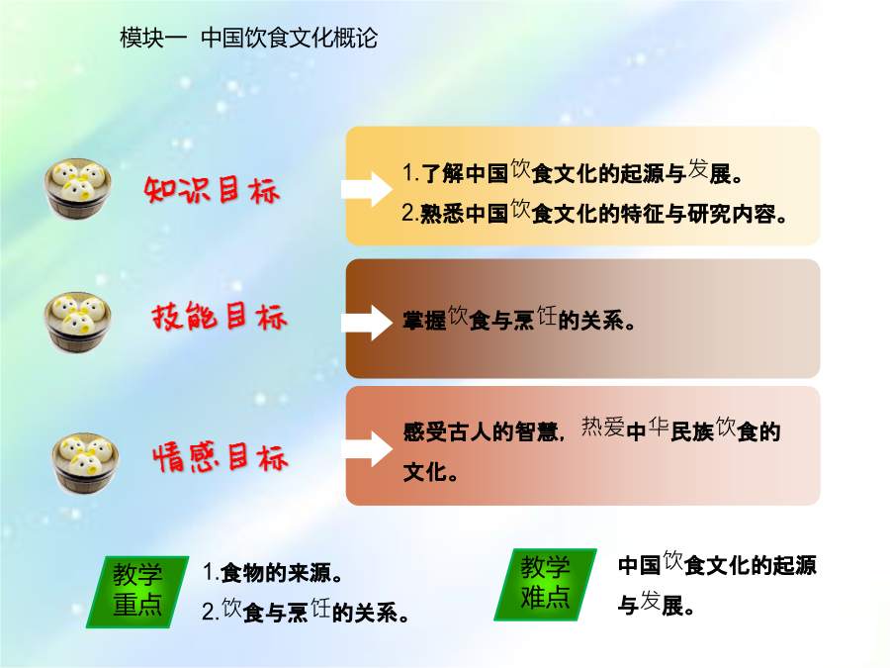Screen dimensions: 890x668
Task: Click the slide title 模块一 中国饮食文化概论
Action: tap(248, 38)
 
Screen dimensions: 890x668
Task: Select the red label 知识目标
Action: tap(212, 190)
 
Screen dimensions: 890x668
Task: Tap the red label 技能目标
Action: tap(220, 316)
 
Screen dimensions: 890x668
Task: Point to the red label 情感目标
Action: tap(221, 458)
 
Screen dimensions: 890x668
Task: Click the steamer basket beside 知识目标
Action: tap(78, 189)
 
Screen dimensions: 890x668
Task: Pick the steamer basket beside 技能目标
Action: tap(78, 323)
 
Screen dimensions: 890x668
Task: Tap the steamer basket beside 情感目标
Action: tap(85, 463)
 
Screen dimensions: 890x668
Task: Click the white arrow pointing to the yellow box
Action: tap(367, 189)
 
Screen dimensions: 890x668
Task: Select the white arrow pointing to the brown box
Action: tap(367, 323)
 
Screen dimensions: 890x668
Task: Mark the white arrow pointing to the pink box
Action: tap(367, 448)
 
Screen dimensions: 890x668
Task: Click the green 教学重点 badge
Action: tap(137, 592)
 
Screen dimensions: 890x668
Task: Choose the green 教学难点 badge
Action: tap(546, 585)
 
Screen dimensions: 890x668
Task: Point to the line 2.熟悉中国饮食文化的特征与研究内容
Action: tap(594, 213)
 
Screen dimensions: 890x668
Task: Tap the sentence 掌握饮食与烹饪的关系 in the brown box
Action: tap(519, 320)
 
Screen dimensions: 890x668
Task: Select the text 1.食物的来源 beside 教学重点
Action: tap(273, 572)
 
